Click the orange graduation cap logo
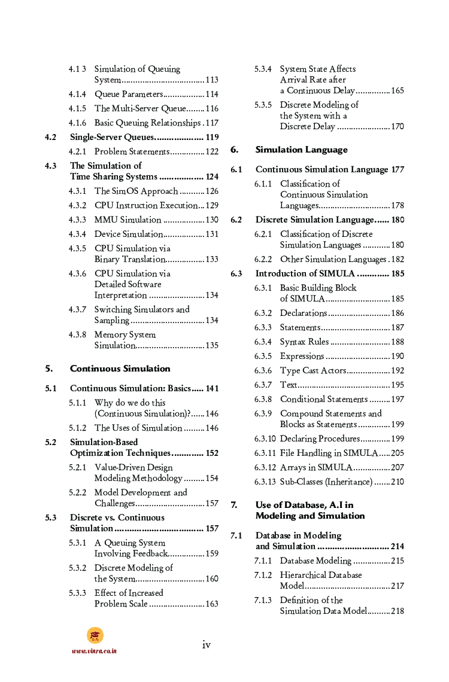coord(95,635)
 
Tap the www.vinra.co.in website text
coord(94,651)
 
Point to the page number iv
coord(206,644)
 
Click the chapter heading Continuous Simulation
coord(120,369)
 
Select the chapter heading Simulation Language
coord(301,150)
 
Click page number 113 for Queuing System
coord(212,80)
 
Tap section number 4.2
coord(51,137)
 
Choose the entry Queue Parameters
coord(129,94)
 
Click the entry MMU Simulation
coord(128,220)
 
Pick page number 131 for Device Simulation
coord(212,234)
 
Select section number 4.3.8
coord(77,334)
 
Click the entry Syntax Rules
coord(304,342)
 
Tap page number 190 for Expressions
coord(398,356)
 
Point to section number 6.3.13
coord(265,482)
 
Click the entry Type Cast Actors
coord(313,370)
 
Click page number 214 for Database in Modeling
coord(397,546)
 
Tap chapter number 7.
coord(234,506)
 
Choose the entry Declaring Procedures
coord(320,439)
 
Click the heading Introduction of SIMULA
coord(305,273)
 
